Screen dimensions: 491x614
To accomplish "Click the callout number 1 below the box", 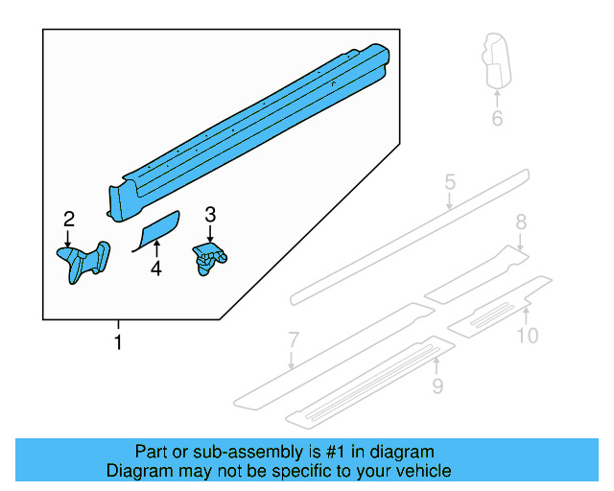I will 118,342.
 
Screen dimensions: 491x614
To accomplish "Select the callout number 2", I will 69,220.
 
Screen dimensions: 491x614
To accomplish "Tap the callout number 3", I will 210,215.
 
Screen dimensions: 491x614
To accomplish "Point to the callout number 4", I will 155,270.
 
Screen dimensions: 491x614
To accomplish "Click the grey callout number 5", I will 449,181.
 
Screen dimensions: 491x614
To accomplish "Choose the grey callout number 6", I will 497,119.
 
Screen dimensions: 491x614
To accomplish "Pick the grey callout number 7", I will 294,339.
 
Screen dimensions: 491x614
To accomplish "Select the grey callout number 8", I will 521,222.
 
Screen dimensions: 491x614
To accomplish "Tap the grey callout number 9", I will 437,386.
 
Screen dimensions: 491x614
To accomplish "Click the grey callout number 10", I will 528,335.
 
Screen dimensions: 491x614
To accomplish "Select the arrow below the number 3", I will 210,234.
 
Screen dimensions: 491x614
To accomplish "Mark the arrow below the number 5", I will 449,199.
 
